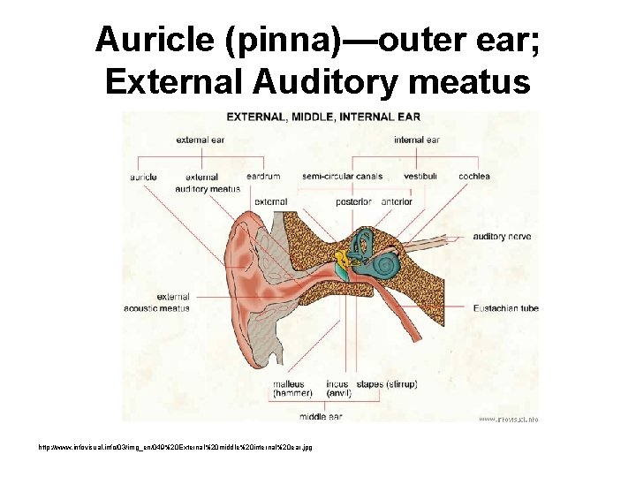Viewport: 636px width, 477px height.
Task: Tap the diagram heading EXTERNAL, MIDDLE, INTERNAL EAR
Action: click(x=323, y=117)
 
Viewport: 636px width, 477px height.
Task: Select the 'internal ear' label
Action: click(x=417, y=140)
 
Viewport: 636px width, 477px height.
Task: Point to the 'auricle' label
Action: click(x=144, y=177)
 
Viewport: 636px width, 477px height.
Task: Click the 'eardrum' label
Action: click(x=263, y=177)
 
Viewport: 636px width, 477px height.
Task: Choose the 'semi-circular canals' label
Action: click(x=342, y=177)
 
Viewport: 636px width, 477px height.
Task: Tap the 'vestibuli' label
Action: click(x=420, y=177)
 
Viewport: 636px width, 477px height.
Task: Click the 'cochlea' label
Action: click(x=474, y=177)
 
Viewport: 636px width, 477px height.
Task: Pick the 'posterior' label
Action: click(x=353, y=202)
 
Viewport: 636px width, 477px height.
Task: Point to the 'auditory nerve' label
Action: click(x=502, y=237)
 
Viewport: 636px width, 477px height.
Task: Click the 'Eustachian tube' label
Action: click(x=506, y=308)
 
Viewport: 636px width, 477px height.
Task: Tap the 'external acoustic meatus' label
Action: click(x=173, y=303)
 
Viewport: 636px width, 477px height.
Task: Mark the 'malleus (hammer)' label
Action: click(x=288, y=389)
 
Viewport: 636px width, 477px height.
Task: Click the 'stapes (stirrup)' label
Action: click(x=386, y=384)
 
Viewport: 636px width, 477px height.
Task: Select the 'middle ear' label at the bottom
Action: click(x=321, y=416)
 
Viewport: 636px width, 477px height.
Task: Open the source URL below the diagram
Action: click(x=216, y=448)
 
